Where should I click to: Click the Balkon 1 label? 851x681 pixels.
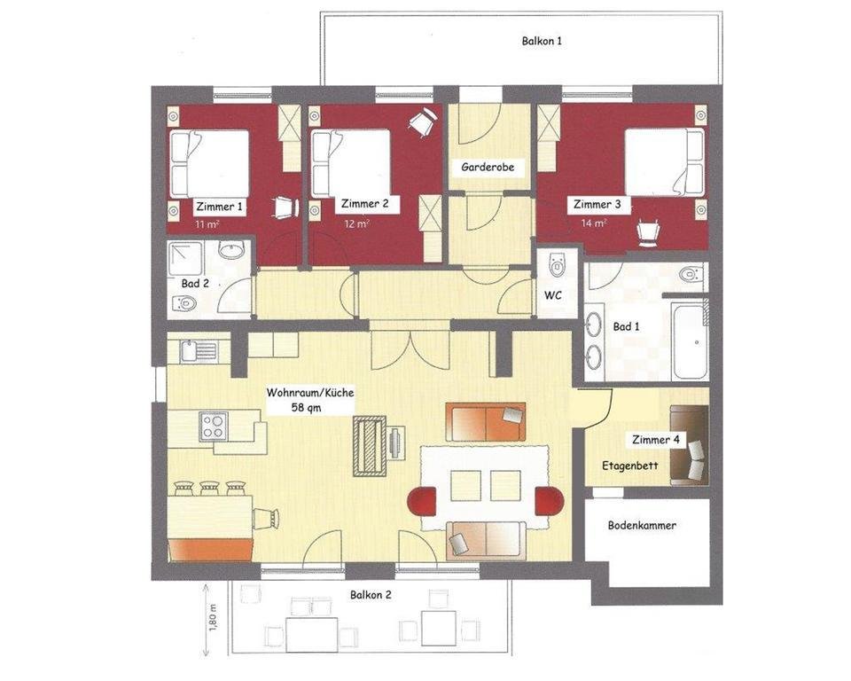542,41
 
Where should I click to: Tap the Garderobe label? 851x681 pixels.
488,167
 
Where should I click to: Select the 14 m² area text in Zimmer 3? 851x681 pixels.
594,223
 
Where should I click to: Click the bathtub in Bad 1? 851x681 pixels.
690,341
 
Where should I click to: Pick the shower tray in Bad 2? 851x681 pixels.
185,259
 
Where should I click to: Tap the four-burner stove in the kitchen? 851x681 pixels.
214,426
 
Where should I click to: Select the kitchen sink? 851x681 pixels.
198,351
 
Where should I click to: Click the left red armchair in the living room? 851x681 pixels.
422,502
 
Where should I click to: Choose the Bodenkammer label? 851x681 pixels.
642,526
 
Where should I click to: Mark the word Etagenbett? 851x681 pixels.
630,466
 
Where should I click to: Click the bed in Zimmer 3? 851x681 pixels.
665,162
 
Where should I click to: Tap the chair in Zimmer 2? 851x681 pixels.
422,121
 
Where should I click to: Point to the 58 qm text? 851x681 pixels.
306,407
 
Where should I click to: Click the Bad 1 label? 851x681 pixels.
627,326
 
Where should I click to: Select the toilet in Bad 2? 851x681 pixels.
183,303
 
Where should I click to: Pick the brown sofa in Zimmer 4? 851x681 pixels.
690,445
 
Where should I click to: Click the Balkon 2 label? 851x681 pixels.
371,595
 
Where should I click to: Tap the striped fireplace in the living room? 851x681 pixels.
370,446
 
